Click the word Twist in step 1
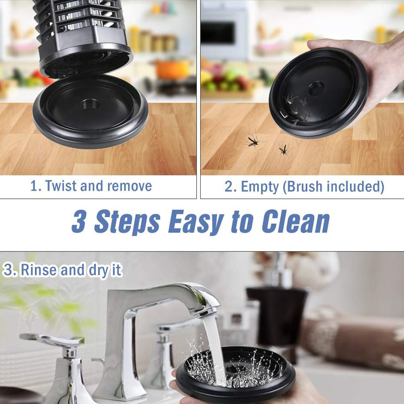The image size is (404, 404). (61, 186)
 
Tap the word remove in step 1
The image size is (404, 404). (130, 186)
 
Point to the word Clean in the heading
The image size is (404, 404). (295, 222)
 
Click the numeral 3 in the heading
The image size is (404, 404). (80, 222)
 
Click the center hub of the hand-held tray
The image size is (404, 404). (316, 88)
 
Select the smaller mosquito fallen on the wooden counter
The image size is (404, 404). (284, 149)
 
